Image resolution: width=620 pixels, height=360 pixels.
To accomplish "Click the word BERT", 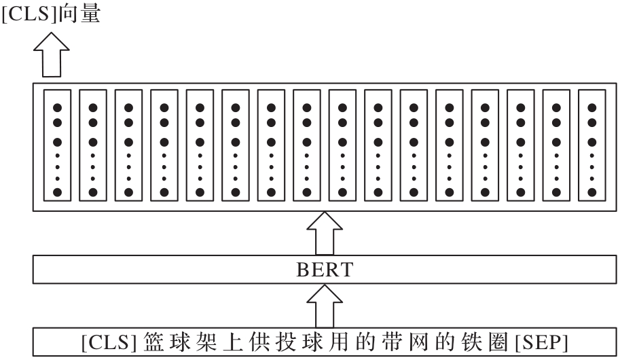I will (325, 270).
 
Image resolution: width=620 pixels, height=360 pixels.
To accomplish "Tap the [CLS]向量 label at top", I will (50, 13).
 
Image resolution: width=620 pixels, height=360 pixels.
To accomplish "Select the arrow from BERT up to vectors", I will (325, 233).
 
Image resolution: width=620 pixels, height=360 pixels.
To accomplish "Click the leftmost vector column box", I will (58, 145).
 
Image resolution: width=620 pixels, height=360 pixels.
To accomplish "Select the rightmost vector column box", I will (592, 145).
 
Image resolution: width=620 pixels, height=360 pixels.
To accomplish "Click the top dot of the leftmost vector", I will (58, 107).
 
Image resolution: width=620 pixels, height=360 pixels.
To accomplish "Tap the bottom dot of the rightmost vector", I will (592, 192).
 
